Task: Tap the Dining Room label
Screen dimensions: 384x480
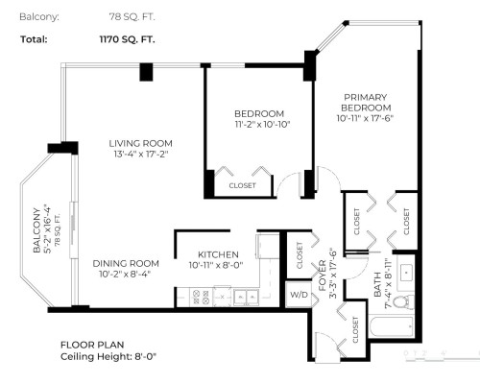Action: coord(126,262)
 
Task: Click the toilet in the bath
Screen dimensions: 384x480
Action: coord(403,301)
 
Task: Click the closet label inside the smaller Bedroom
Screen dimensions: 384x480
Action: coord(242,185)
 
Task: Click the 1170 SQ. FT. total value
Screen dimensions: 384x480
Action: coord(125,40)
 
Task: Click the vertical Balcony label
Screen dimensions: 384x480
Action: coord(35,230)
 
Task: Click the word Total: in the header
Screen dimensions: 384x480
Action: coord(35,40)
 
